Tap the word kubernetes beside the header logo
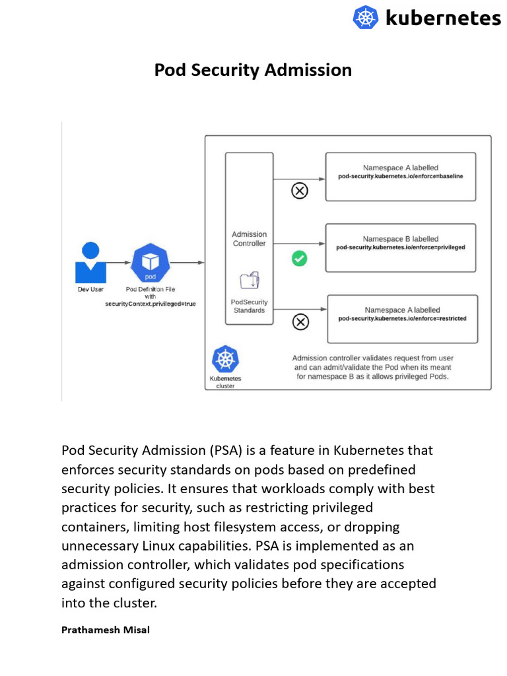tap(442, 18)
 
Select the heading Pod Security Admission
tap(253, 70)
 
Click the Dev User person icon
tap(90, 263)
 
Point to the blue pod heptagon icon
tap(151, 263)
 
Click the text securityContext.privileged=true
tap(151, 304)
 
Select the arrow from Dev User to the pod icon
tap(119, 263)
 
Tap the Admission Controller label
tap(249, 239)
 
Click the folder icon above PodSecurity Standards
tap(250, 280)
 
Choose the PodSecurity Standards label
tap(249, 306)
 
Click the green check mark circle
tap(300, 259)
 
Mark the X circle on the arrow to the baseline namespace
tap(300, 191)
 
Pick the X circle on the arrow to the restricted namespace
tap(300, 321)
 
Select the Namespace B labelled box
tap(401, 248)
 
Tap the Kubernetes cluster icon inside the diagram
tap(225, 360)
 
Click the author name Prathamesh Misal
tap(106, 630)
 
